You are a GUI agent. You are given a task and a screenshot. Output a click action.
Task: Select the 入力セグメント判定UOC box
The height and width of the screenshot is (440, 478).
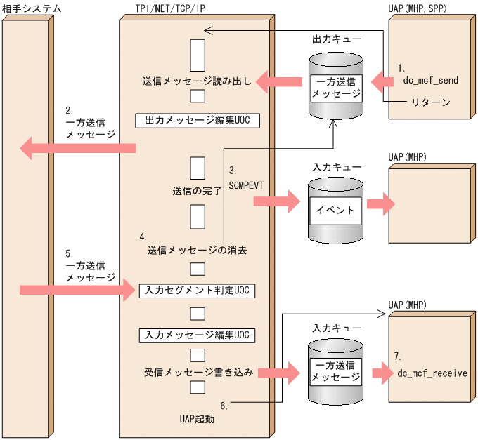(196, 290)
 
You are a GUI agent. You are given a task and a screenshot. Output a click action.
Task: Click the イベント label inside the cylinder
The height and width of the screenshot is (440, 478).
(336, 208)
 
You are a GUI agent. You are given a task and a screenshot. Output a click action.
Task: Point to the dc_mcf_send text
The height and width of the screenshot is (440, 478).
(430, 81)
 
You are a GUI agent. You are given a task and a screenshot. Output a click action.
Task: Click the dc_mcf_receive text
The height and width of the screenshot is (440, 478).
(432, 373)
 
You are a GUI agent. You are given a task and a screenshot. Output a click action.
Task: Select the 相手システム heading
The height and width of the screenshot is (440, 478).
(32, 8)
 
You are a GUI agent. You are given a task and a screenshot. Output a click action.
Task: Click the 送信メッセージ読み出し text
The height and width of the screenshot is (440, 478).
(195, 82)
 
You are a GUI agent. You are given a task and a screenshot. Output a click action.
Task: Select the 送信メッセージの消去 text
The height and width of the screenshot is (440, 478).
(197, 249)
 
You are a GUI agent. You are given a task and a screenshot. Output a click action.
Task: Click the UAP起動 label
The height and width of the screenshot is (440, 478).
(197, 419)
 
